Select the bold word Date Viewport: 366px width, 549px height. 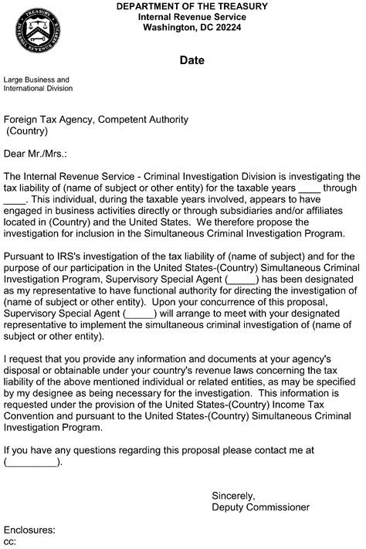click(191, 60)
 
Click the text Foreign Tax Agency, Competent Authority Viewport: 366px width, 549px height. click(96, 120)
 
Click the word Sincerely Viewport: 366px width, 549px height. click(233, 495)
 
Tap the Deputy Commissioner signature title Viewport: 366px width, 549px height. click(260, 507)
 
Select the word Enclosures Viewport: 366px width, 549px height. click(29, 530)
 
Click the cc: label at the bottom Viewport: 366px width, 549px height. click(10, 542)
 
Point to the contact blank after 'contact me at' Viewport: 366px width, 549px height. click(32, 463)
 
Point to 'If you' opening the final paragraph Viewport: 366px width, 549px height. click(17, 450)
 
